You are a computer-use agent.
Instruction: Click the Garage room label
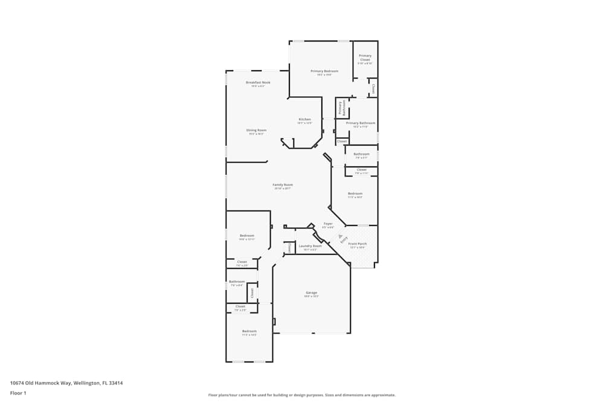(311, 293)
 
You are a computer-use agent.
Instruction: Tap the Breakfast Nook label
(258, 82)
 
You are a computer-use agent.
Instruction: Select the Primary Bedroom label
(324, 71)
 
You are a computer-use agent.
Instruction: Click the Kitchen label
(304, 120)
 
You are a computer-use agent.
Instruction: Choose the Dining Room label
(256, 131)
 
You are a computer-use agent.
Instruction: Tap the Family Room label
(283, 185)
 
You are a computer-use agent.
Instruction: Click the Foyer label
(328, 224)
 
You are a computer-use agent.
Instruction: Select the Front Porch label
(358, 244)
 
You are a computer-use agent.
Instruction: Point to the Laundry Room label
(310, 246)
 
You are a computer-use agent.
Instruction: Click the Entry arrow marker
(340, 236)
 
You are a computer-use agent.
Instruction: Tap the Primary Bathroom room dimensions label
(360, 127)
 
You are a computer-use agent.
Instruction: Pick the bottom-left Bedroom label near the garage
(249, 331)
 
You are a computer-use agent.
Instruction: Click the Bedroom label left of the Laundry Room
(246, 236)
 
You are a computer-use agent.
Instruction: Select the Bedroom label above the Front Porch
(355, 194)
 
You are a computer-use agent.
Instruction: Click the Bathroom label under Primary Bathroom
(361, 154)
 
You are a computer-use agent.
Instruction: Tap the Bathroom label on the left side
(237, 282)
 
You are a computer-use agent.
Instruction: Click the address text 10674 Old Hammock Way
(66, 382)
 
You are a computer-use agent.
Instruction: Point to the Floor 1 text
(18, 393)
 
